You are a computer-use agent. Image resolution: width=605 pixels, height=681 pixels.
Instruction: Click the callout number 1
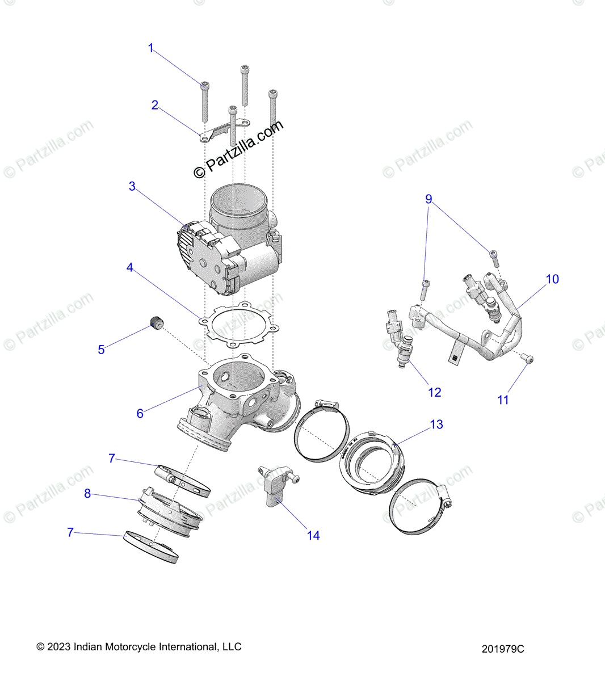point(151,48)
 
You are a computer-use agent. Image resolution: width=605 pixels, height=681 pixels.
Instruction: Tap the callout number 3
point(132,186)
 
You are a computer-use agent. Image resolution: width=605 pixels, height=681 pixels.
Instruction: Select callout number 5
point(101,350)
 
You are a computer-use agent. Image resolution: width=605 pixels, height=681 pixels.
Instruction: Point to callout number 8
point(87,494)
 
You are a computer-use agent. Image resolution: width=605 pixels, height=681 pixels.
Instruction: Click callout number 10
point(552,279)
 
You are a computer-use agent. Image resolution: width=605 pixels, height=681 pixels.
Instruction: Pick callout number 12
point(434,393)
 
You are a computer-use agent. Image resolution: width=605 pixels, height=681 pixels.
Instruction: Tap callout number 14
point(313,535)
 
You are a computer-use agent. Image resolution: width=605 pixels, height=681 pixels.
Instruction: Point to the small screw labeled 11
point(528,359)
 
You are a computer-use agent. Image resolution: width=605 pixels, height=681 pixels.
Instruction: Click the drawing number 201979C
point(503,649)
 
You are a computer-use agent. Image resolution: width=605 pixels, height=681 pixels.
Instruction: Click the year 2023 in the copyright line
point(59,647)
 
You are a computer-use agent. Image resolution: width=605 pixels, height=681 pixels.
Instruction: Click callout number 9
point(429,199)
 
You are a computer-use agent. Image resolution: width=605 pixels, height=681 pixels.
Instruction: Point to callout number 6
point(140,414)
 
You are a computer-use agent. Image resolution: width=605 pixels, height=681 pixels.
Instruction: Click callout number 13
point(436,424)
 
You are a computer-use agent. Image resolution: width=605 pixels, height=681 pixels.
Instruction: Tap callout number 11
point(503,400)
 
